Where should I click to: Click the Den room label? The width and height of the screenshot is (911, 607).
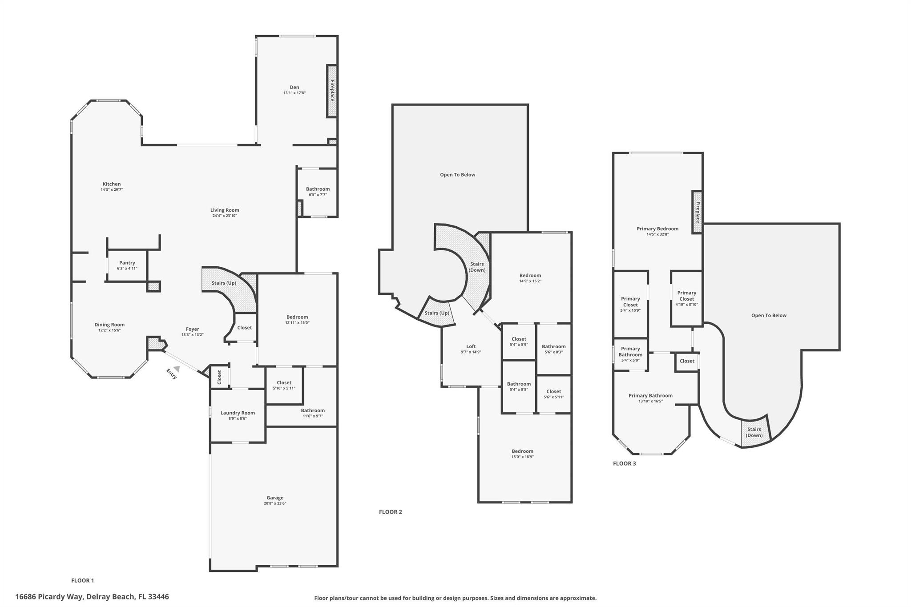[294, 87]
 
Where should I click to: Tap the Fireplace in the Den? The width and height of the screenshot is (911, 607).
[332, 91]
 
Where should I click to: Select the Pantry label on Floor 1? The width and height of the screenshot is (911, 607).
[127, 263]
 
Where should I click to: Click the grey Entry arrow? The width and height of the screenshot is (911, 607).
[177, 369]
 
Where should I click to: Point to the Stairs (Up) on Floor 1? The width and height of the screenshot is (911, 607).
[224, 283]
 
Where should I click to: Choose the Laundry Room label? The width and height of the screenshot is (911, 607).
[238, 413]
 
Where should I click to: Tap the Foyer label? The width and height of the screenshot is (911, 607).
[192, 329]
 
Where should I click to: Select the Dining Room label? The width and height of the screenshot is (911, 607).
[109, 325]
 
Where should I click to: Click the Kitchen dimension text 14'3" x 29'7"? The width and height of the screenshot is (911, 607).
[112, 189]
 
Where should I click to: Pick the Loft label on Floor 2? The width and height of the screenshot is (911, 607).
[471, 346]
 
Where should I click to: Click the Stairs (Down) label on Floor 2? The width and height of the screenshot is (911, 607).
[477, 267]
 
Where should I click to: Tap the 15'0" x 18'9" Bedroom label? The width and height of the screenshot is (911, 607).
[522, 451]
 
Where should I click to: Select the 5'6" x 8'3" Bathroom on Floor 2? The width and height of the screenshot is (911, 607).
[553, 346]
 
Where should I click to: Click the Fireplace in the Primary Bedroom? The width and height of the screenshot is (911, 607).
[697, 212]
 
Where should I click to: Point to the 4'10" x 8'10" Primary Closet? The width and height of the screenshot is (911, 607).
[686, 296]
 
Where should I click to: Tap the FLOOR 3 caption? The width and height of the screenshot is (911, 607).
[624, 463]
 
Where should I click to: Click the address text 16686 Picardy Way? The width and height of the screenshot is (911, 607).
[92, 597]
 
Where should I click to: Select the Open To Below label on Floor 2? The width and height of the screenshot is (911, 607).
[457, 175]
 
